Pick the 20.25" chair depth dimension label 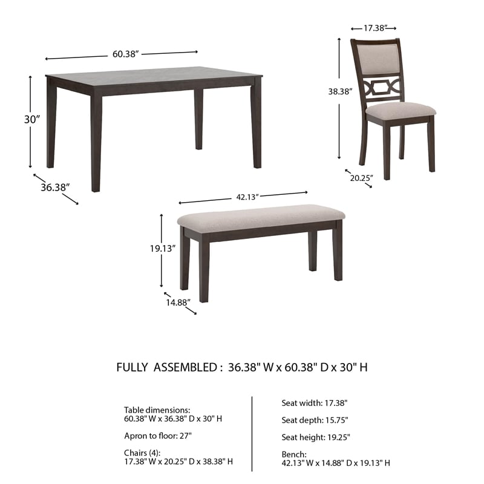pos(361,177)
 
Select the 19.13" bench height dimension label pos(163,248)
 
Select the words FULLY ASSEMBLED pos(166,367)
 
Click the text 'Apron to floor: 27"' pos(158,435)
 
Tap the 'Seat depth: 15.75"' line pos(315,419)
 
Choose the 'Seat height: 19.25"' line pos(316,437)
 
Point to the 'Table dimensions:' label pos(157,410)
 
